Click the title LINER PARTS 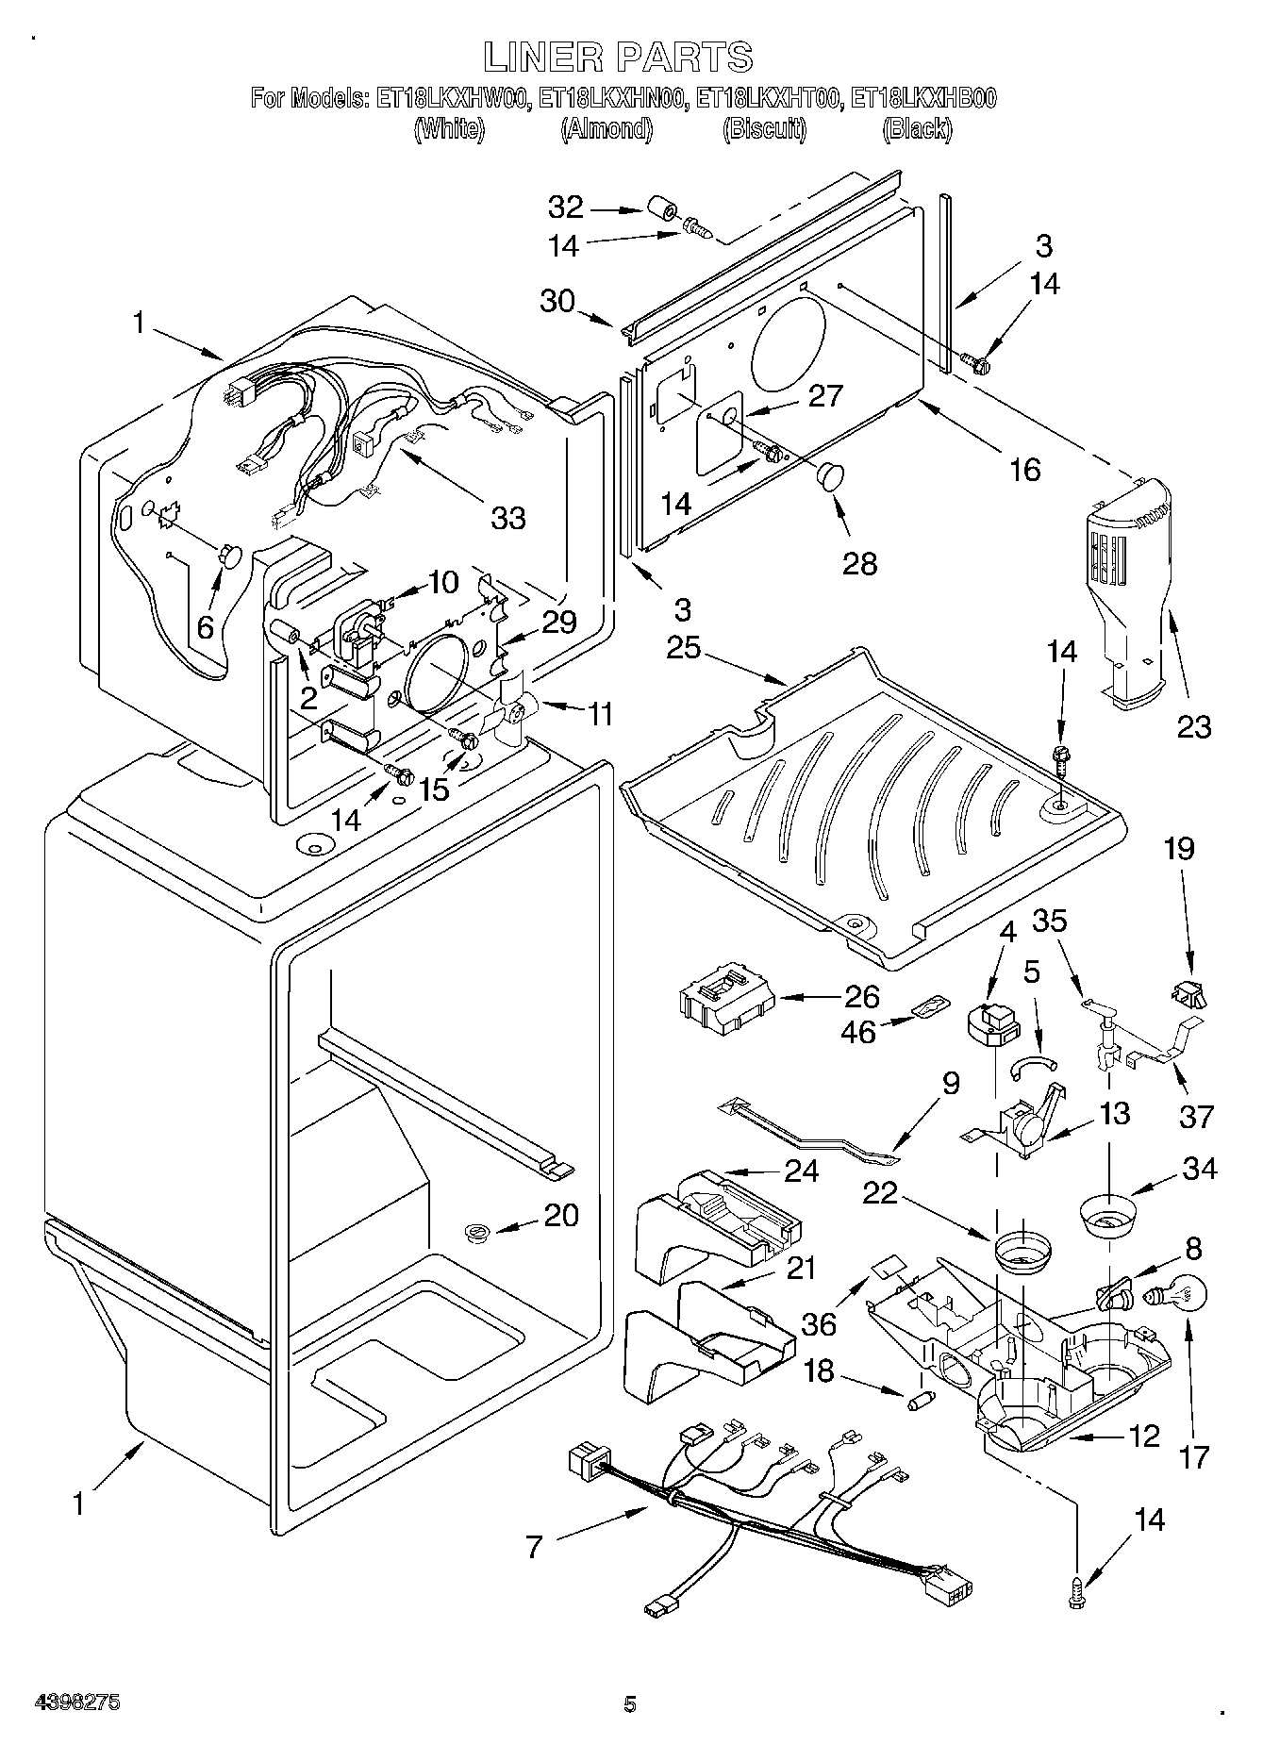coord(619,57)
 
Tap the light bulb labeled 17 coord(1168,1297)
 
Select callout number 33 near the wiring coord(508,517)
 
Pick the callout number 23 coord(1193,726)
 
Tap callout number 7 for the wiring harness coord(534,1547)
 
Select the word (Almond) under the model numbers coord(607,128)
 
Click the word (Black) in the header coord(916,128)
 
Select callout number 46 coord(858,1031)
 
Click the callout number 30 coord(557,301)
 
